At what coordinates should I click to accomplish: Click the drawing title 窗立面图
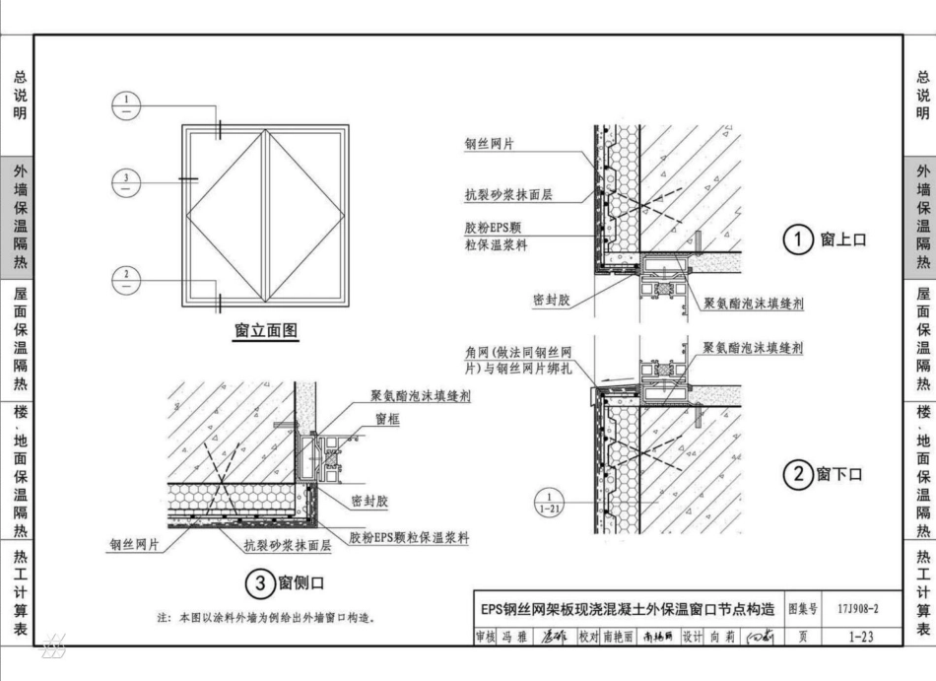(x=265, y=331)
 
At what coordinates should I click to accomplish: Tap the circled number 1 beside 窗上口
(x=798, y=239)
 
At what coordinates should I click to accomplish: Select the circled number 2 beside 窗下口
(x=796, y=475)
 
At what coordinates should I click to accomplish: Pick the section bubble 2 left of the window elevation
(x=127, y=278)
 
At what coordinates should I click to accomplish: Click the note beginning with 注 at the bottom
(x=266, y=618)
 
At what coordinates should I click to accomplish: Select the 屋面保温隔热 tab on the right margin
(x=922, y=339)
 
